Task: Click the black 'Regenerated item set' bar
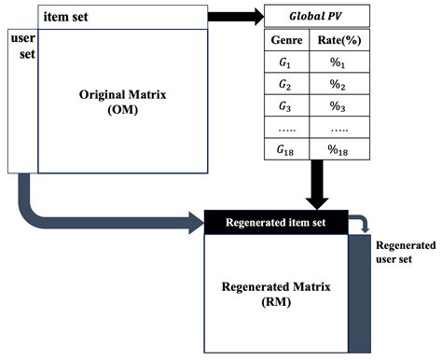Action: [275, 222]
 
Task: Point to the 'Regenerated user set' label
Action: [405, 252]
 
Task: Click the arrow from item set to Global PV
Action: [233, 16]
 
